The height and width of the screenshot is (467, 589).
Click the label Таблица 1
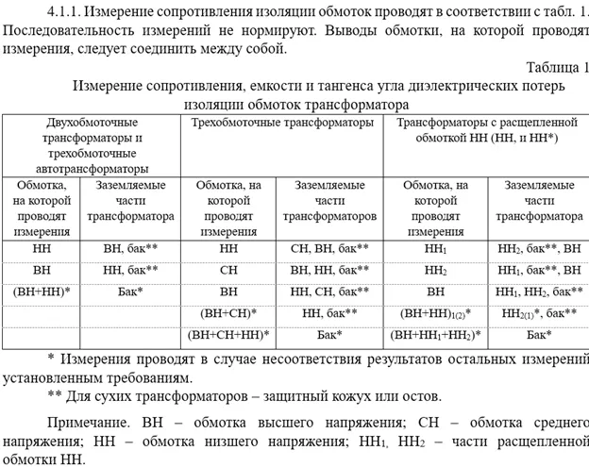pyautogui.click(x=558, y=66)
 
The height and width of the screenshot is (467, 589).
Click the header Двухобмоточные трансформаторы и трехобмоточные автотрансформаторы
pyautogui.click(x=92, y=146)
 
